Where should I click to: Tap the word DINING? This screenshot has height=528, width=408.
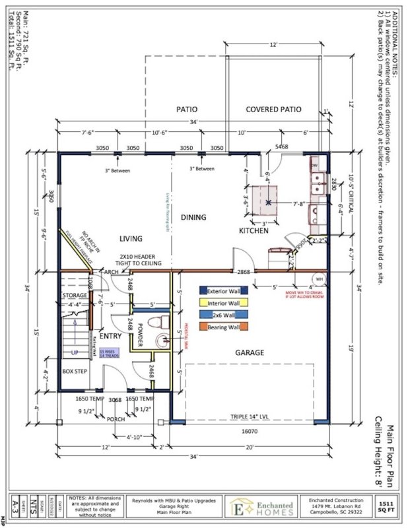tap(193, 217)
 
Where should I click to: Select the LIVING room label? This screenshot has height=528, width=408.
tap(132, 238)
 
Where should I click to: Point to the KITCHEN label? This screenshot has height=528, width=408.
tap(254, 231)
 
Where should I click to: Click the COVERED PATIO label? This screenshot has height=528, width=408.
tap(273, 110)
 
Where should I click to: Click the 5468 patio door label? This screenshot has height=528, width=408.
tap(281, 146)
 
